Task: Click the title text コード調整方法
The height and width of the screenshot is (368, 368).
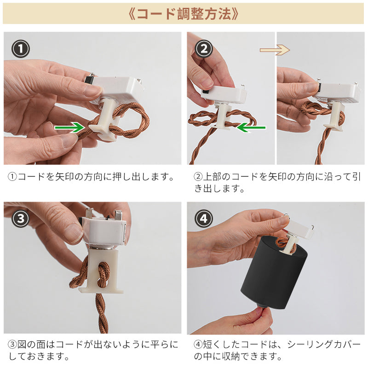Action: [184, 13]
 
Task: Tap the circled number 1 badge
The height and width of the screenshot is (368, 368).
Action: [20, 48]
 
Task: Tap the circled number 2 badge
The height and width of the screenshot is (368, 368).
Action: [204, 48]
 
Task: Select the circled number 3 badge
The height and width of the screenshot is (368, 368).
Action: [20, 218]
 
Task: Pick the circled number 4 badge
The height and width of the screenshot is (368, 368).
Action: [204, 218]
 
